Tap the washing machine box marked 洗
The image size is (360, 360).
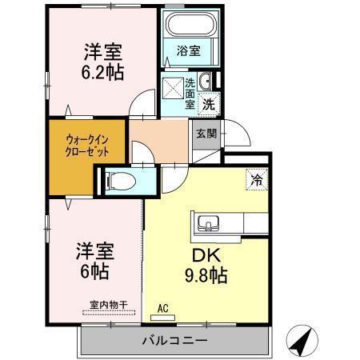[x=208, y=103]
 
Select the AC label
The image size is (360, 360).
[x=162, y=308]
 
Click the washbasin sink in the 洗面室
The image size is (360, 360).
[x=206, y=82]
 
